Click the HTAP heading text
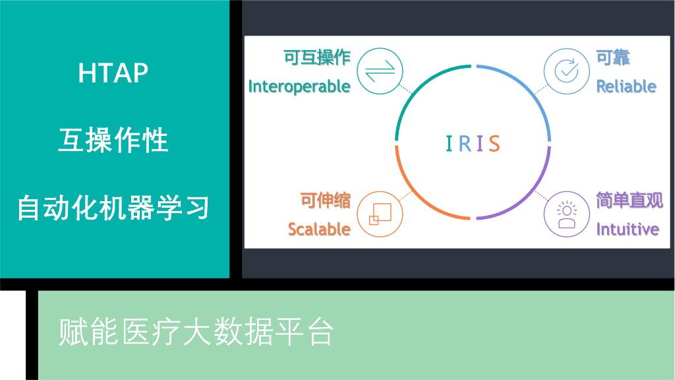(x=113, y=73)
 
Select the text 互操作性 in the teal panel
(x=113, y=140)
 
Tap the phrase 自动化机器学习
(x=113, y=208)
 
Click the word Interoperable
(x=299, y=86)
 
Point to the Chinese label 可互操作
(x=317, y=57)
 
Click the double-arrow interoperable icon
(x=380, y=71)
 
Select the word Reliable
(x=626, y=86)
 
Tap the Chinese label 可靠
(x=612, y=57)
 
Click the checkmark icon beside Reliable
(x=566, y=71)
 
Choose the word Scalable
(x=319, y=229)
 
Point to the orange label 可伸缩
(x=325, y=201)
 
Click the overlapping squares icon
(x=380, y=214)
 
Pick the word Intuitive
(x=628, y=229)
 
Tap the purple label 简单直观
(x=630, y=201)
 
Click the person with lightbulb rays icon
(x=566, y=214)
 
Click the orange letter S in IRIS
(x=494, y=143)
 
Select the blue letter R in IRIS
(x=465, y=143)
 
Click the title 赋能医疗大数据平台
(x=196, y=332)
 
